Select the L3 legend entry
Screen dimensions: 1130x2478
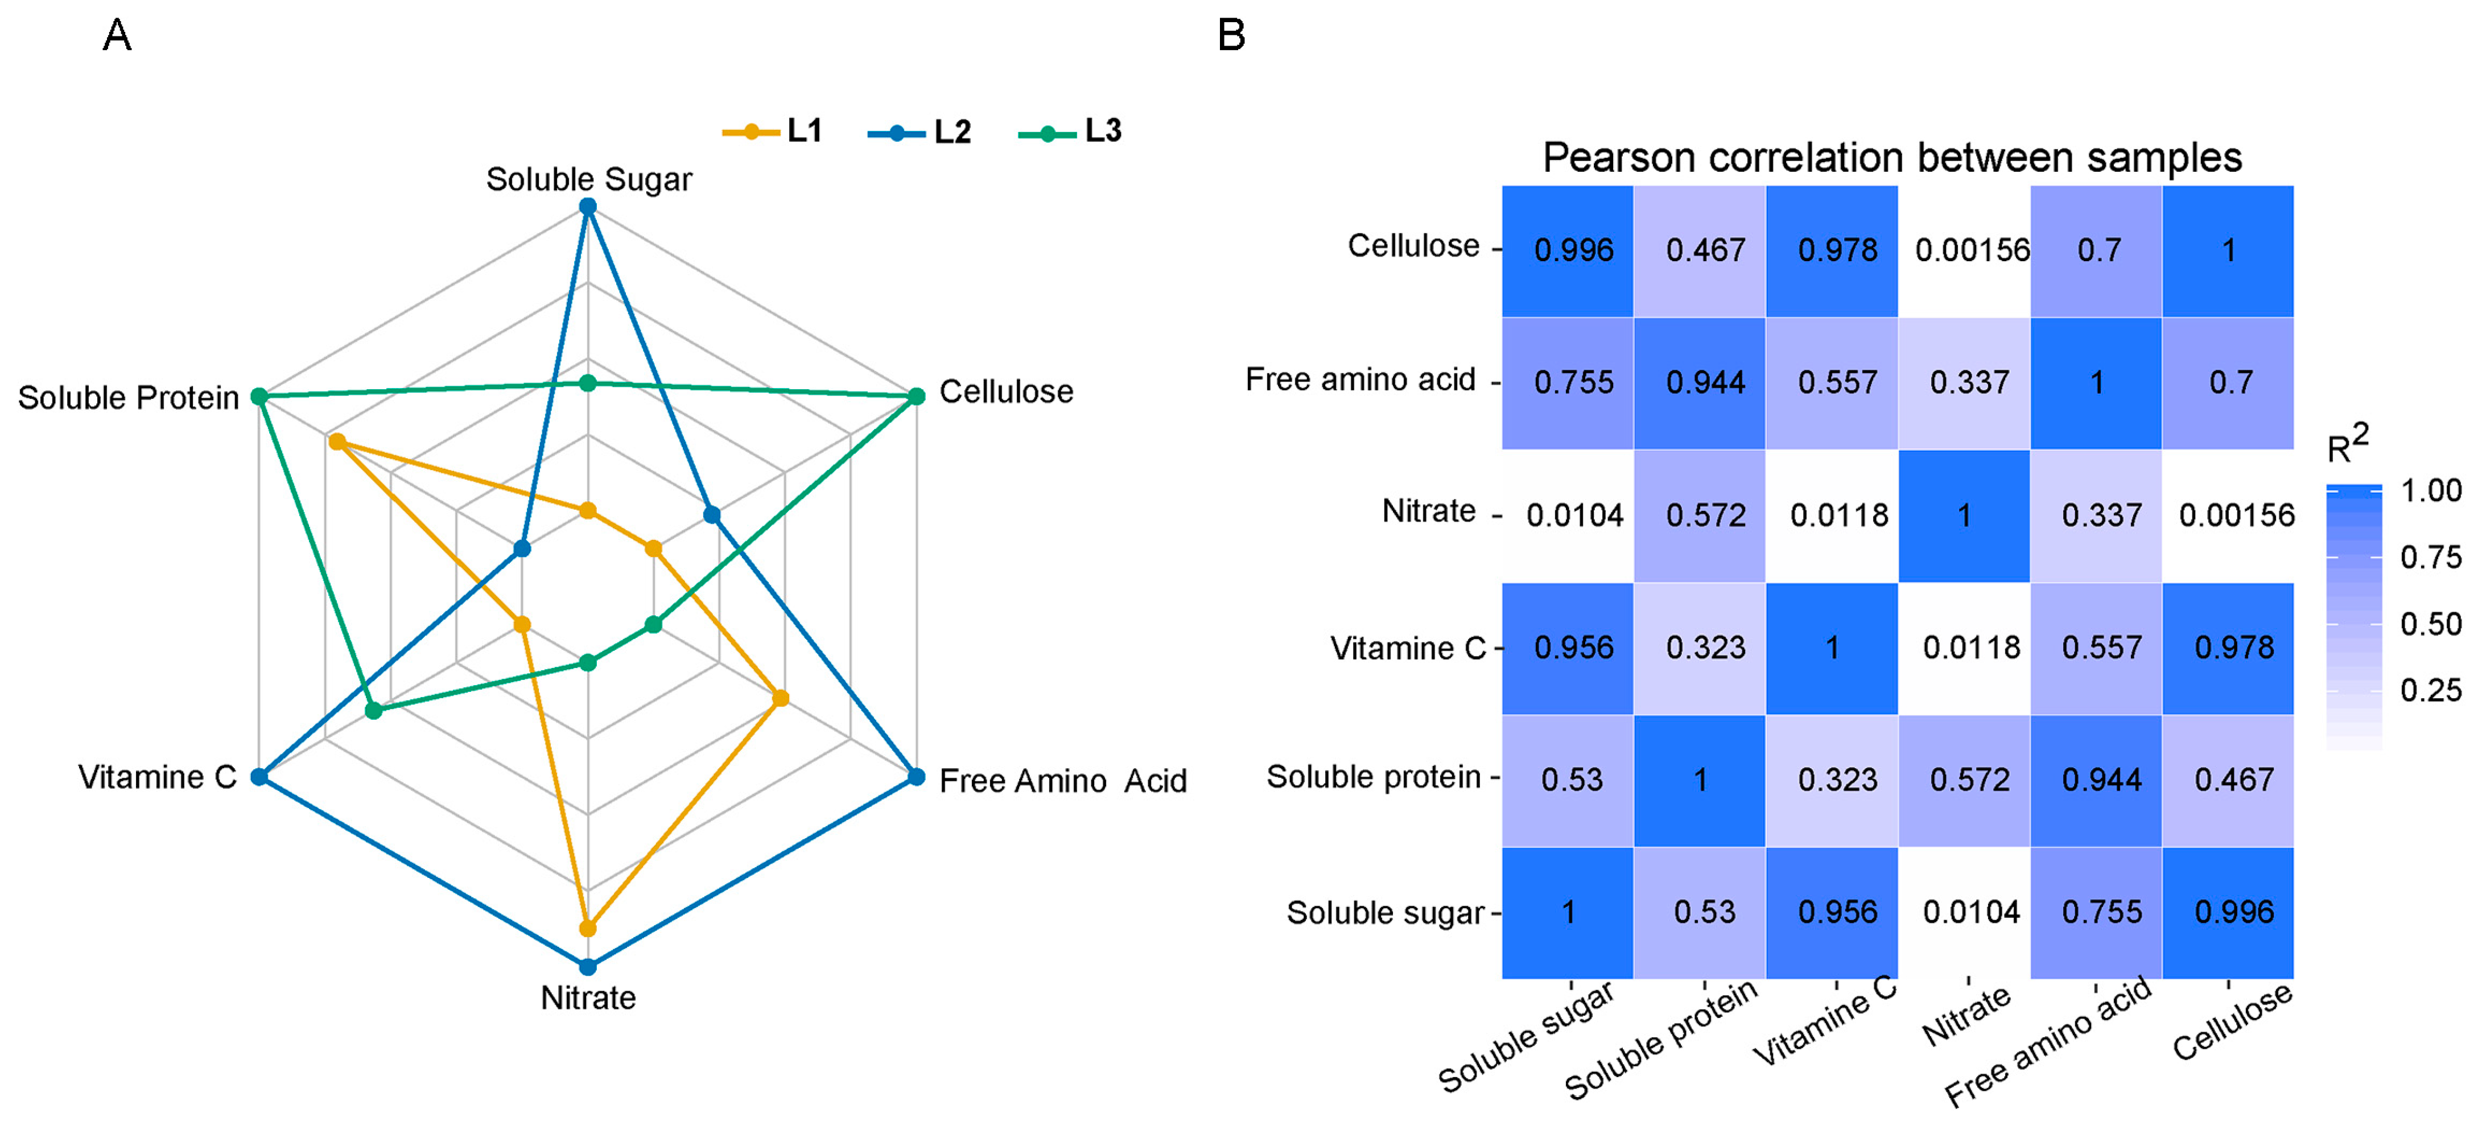coord(1070,132)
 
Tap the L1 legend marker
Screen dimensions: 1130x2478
coord(751,132)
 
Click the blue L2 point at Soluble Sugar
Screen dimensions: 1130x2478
coord(588,207)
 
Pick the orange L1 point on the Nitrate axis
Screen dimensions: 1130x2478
coord(588,928)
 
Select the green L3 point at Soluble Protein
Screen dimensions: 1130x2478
coord(259,396)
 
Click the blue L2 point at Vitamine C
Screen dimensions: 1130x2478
coord(259,776)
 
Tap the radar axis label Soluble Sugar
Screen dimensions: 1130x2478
coord(588,179)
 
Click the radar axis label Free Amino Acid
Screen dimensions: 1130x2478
coord(1062,781)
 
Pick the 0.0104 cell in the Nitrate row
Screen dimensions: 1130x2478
coord(1574,515)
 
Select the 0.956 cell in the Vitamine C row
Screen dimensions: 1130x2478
coord(1574,648)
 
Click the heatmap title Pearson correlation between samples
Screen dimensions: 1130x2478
coord(1891,158)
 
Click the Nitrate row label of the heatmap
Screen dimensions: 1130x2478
coord(1429,512)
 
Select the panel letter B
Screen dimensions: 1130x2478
coord(1231,36)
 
